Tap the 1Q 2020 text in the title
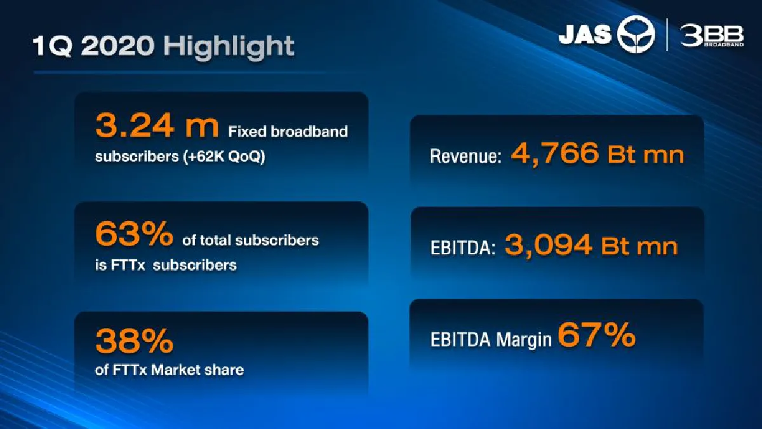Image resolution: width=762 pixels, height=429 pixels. point(92,46)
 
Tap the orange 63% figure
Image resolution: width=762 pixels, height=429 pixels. point(134,235)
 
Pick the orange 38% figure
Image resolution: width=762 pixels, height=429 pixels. point(134,342)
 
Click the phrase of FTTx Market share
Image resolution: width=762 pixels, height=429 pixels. point(169,369)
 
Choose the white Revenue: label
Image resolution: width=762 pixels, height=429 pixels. point(465,156)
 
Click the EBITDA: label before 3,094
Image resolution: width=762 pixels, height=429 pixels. point(462,247)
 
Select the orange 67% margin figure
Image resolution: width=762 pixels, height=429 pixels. point(596,335)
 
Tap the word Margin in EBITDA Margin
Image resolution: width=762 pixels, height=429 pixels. point(524,340)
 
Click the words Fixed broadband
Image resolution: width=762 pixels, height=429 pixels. point(288,132)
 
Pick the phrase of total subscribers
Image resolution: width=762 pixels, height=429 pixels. point(250,240)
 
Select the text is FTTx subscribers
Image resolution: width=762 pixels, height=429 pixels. point(165,265)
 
